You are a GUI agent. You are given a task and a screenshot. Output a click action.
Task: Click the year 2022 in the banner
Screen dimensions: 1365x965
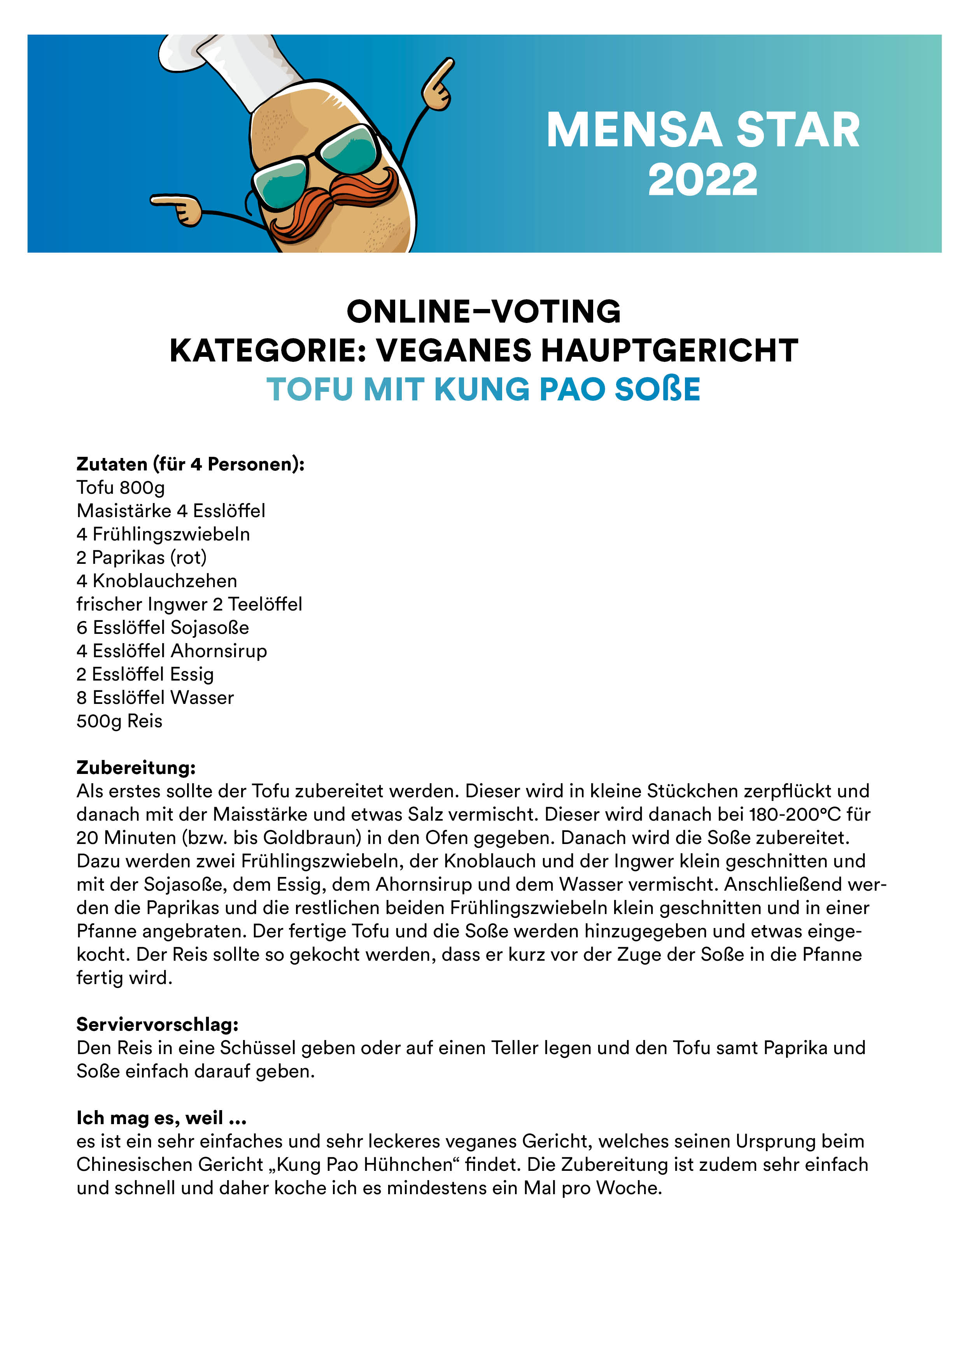(x=702, y=179)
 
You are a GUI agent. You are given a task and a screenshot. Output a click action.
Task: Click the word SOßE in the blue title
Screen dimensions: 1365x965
(x=657, y=389)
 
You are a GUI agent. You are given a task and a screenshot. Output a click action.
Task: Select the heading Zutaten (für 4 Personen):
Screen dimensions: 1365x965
(x=190, y=464)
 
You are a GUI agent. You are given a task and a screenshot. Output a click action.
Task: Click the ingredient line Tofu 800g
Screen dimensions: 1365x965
(x=121, y=488)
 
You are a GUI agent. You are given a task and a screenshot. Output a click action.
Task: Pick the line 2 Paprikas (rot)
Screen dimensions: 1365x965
(x=142, y=558)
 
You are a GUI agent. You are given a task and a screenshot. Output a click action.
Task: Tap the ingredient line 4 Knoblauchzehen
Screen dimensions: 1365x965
(x=156, y=581)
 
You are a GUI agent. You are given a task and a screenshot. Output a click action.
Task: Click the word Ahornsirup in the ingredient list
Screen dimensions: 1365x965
(x=219, y=651)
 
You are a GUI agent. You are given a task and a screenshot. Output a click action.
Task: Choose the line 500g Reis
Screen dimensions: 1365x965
(x=119, y=721)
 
